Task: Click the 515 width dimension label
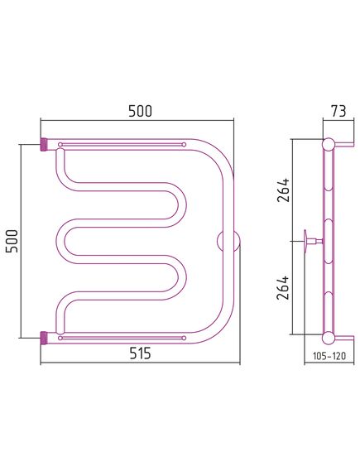point(140,353)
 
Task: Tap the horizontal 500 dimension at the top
point(140,111)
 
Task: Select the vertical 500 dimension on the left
point(12,241)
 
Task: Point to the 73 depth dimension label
point(338,111)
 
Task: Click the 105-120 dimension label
point(329,356)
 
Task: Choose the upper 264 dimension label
point(283,190)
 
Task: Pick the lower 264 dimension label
point(283,287)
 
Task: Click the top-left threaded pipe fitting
point(44,145)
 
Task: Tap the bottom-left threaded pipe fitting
point(44,338)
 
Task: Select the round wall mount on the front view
point(228,242)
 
